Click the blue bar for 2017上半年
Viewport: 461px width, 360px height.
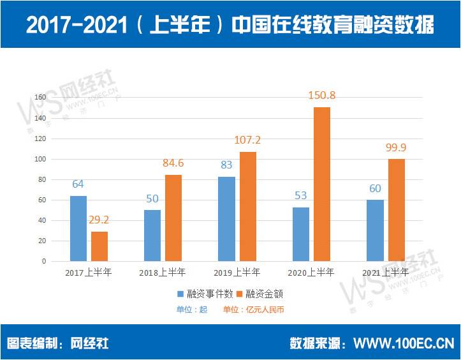[x=78, y=228]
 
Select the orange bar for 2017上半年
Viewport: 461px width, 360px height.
[x=99, y=246]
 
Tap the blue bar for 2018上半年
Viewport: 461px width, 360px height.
[x=153, y=235]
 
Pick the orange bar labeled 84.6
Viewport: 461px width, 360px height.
[x=173, y=218]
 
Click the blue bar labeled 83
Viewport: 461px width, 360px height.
[x=227, y=218]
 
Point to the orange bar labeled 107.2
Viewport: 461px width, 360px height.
[x=248, y=206]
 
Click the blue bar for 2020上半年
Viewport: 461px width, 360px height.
[x=301, y=234]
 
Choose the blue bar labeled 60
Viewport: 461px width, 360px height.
[x=376, y=230]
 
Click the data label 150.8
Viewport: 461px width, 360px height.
[x=322, y=95]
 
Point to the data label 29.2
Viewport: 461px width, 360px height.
[x=99, y=220]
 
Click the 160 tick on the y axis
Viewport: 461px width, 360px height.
[x=40, y=98]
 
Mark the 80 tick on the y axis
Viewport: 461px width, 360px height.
[x=42, y=179]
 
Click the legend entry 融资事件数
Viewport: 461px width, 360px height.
[x=203, y=294]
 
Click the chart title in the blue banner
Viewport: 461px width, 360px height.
[x=230, y=25]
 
